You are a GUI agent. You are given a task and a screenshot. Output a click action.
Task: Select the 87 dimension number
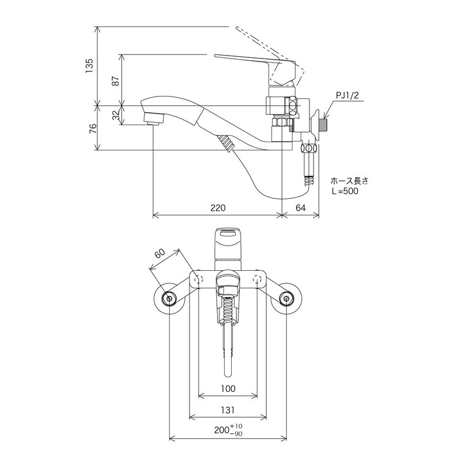pos(115,80)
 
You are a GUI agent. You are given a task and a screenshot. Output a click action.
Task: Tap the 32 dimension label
pos(115,116)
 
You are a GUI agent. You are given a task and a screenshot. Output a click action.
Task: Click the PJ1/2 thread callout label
pos(346,95)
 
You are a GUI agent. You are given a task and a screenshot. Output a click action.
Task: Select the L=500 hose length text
pos(345,191)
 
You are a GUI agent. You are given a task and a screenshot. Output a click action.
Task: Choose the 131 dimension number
pos(228,411)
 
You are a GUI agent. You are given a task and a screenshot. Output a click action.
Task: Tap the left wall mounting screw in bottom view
pos(170,299)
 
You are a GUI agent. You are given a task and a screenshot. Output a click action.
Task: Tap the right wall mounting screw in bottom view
pos(287,299)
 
